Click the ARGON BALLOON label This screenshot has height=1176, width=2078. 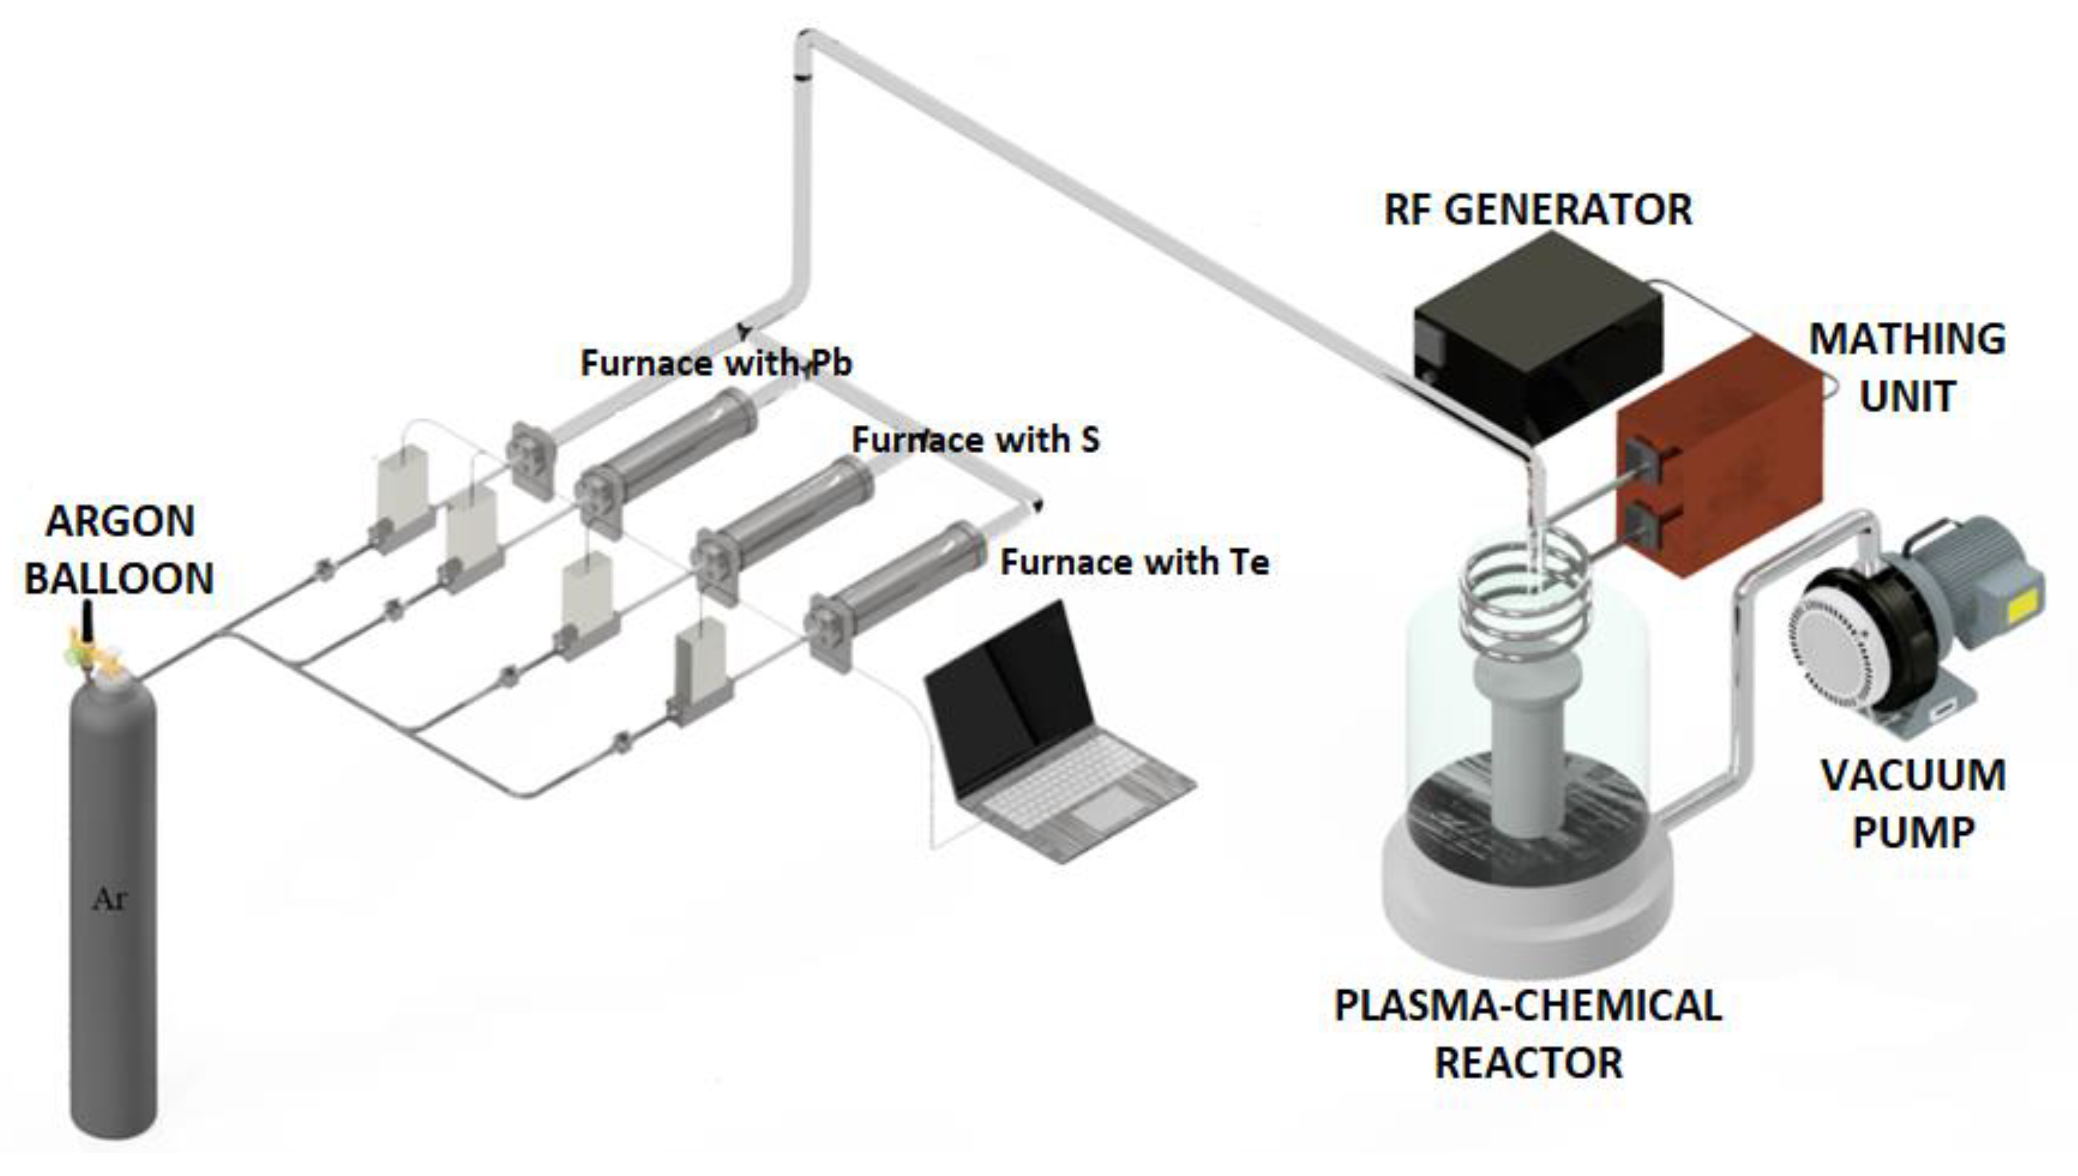(x=119, y=549)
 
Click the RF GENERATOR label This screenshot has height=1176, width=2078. (x=1537, y=210)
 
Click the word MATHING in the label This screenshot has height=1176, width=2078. (x=1906, y=339)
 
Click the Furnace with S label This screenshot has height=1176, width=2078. (x=975, y=440)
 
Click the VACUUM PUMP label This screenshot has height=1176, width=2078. (x=1913, y=804)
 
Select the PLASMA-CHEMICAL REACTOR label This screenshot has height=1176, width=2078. (x=1527, y=1034)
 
